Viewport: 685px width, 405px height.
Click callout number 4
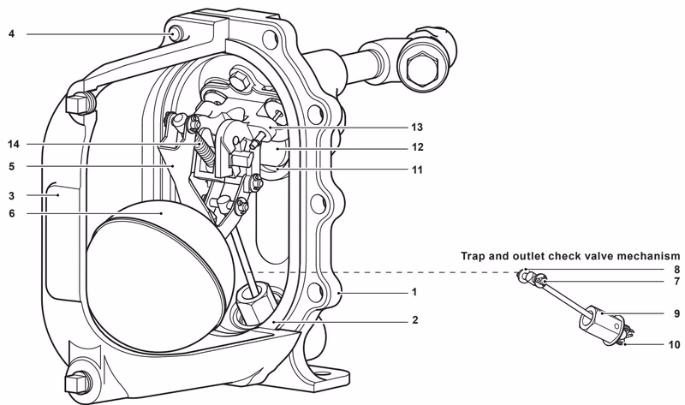(x=11, y=34)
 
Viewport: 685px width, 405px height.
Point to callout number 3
(x=11, y=195)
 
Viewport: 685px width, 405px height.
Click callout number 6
(x=11, y=214)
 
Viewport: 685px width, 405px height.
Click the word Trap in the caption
(x=474, y=256)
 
